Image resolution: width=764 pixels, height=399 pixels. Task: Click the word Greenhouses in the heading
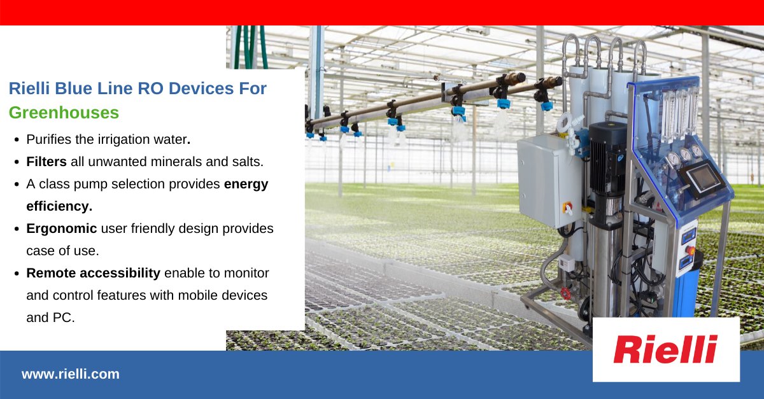click(x=64, y=113)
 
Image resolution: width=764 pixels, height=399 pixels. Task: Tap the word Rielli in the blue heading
click(x=29, y=88)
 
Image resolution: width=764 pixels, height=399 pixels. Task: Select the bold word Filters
click(x=46, y=162)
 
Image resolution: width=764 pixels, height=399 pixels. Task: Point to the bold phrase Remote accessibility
click(x=93, y=273)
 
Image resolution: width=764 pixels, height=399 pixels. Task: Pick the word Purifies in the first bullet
click(x=50, y=139)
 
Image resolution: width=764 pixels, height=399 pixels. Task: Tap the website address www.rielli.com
click(x=70, y=374)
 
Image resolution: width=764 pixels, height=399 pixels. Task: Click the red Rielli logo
click(x=665, y=349)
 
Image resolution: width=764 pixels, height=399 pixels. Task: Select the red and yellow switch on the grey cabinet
click(x=567, y=207)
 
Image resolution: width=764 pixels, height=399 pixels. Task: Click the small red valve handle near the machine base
click(x=565, y=293)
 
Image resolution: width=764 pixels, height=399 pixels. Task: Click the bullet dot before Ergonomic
click(x=16, y=228)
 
